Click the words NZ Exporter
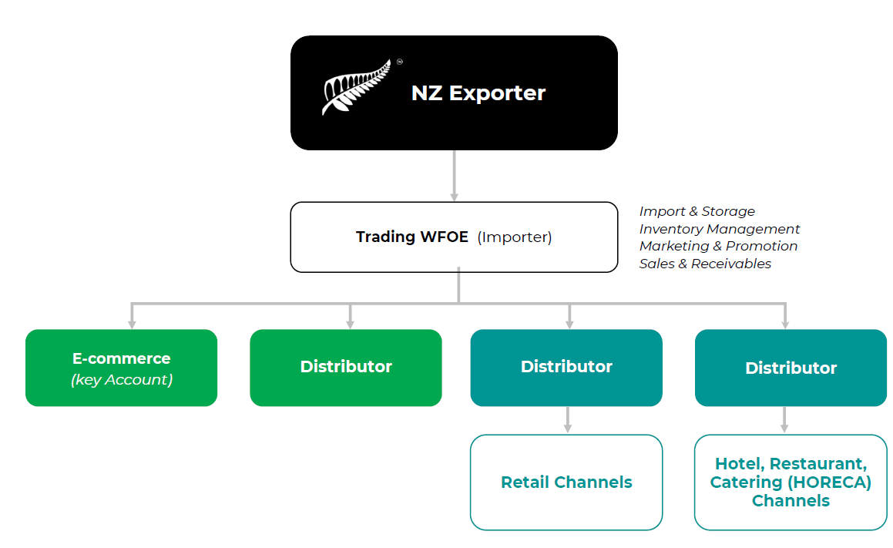click(478, 93)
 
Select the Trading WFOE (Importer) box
click(454, 237)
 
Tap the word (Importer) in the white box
click(515, 237)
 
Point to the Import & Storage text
click(697, 211)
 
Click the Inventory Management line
click(719, 229)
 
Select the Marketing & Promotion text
click(718, 246)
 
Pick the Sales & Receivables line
click(705, 264)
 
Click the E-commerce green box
click(121, 367)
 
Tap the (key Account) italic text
click(121, 379)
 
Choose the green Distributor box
click(346, 367)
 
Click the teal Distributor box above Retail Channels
click(566, 367)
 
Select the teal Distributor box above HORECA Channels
click(791, 368)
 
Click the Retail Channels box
click(566, 482)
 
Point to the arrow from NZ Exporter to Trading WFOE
click(454, 176)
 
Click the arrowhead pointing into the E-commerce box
click(133, 324)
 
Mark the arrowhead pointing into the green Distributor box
click(351, 324)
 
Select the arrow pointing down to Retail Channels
click(568, 421)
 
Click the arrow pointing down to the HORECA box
click(784, 421)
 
